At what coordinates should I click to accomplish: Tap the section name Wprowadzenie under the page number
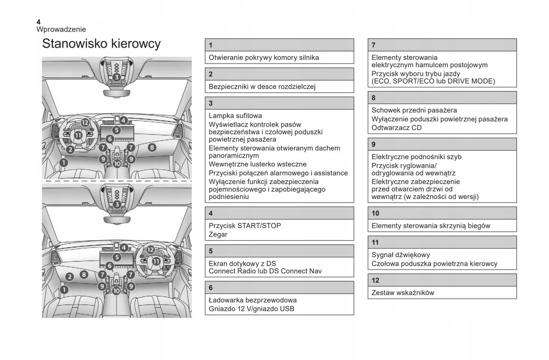click(x=61, y=29)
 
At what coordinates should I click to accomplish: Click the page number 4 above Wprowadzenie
click(x=38, y=21)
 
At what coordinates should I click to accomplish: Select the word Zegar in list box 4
click(x=218, y=234)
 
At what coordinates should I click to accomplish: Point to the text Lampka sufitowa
click(x=235, y=116)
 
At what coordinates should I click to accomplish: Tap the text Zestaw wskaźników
click(x=403, y=293)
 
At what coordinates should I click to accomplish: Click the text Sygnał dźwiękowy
click(x=401, y=255)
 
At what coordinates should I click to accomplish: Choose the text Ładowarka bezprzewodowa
click(x=253, y=300)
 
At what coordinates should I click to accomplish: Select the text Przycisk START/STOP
click(x=245, y=226)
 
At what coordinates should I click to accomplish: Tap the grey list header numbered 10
click(x=442, y=213)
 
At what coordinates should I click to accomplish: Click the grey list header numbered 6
click(x=279, y=288)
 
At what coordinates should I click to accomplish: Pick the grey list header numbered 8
click(x=442, y=97)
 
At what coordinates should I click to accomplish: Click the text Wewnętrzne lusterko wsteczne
click(x=258, y=164)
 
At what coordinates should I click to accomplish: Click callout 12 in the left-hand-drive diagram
click(x=85, y=123)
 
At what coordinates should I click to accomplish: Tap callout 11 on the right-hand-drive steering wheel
click(x=156, y=262)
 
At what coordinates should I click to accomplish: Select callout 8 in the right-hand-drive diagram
click(x=84, y=274)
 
